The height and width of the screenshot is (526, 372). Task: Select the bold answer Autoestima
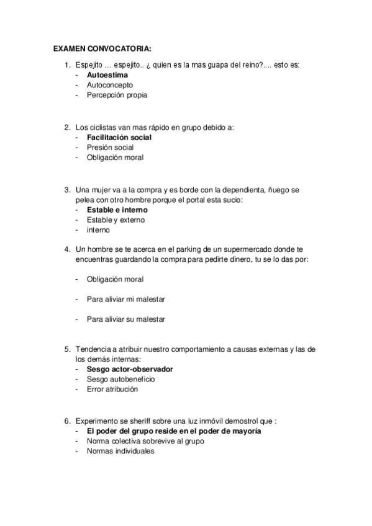tap(107, 75)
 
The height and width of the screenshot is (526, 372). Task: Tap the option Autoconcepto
tap(110, 85)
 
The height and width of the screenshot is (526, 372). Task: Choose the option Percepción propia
tap(117, 95)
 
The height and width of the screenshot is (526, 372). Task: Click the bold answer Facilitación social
tap(119, 137)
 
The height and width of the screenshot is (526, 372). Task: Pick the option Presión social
tap(110, 148)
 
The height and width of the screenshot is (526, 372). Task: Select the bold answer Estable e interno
tap(117, 210)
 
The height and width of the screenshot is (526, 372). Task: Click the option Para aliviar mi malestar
tap(126, 299)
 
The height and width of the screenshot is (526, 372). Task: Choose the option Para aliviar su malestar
tap(126, 319)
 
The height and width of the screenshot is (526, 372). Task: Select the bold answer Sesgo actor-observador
tap(130, 369)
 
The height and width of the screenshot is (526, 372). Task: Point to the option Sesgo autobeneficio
tap(121, 379)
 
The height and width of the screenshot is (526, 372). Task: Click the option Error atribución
tap(112, 390)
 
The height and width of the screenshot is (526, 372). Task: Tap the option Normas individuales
tap(120, 452)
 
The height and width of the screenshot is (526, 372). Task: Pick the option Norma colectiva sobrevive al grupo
tap(146, 441)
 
